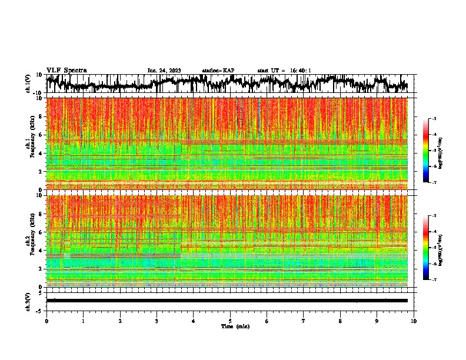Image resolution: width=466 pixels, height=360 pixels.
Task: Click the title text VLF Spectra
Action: (x=66, y=70)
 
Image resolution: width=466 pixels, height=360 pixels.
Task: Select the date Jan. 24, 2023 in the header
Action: (x=164, y=71)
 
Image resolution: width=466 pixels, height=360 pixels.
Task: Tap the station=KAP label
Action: (x=218, y=71)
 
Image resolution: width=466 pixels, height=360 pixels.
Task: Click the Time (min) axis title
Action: (x=234, y=326)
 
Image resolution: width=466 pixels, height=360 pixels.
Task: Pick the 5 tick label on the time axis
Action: (x=231, y=321)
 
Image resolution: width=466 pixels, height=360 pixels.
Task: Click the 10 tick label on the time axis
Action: (x=414, y=321)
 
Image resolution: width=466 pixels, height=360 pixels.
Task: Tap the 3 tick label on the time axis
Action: (x=157, y=321)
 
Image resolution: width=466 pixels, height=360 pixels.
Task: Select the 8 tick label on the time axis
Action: (x=340, y=321)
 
